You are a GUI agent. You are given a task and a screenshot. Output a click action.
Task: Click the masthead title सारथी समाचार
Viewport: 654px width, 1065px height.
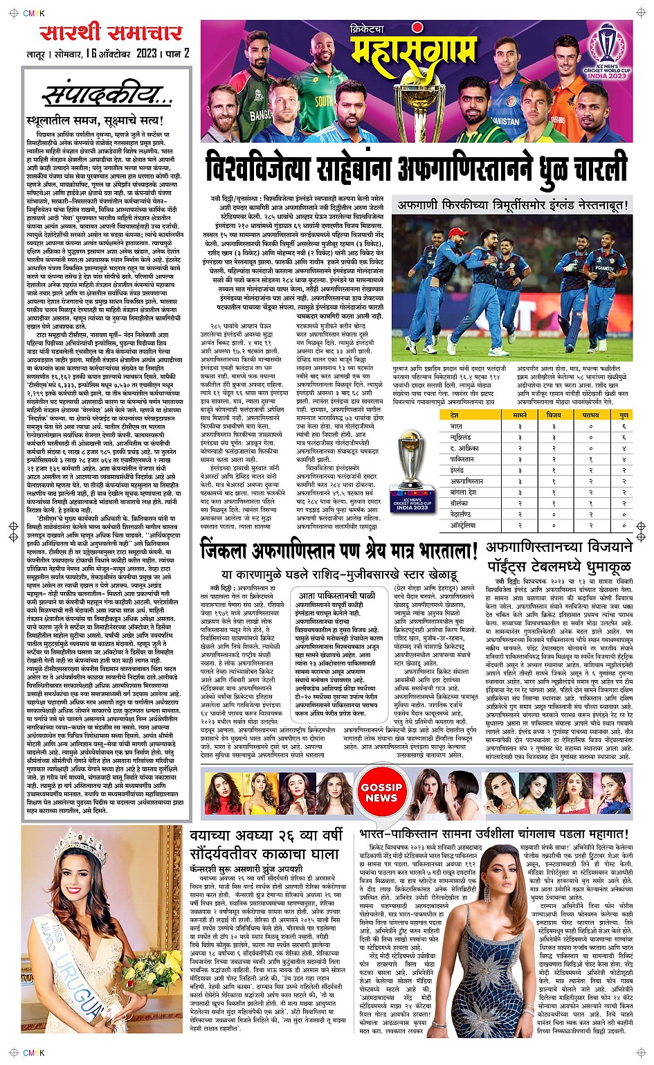click(111, 33)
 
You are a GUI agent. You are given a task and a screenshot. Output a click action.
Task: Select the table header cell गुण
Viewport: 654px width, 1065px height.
click(624, 415)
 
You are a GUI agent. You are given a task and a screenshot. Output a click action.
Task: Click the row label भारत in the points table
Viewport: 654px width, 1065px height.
click(457, 427)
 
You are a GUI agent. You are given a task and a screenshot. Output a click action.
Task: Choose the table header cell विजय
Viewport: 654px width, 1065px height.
click(554, 415)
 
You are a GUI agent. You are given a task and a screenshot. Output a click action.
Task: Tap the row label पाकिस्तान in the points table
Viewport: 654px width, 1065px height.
click(462, 459)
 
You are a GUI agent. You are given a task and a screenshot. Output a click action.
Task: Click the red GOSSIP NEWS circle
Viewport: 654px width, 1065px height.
click(381, 792)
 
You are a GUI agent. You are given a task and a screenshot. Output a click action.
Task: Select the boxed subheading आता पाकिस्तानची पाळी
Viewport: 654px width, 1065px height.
click(337, 595)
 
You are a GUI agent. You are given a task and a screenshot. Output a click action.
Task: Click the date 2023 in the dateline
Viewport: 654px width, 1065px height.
click(147, 53)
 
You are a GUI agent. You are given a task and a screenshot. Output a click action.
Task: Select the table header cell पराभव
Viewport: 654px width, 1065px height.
click(590, 415)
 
